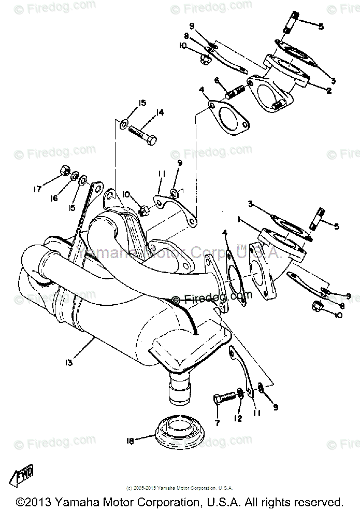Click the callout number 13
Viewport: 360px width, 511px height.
(70, 358)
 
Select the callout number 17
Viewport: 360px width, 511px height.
(37, 190)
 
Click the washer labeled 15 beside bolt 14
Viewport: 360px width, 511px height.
(122, 124)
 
